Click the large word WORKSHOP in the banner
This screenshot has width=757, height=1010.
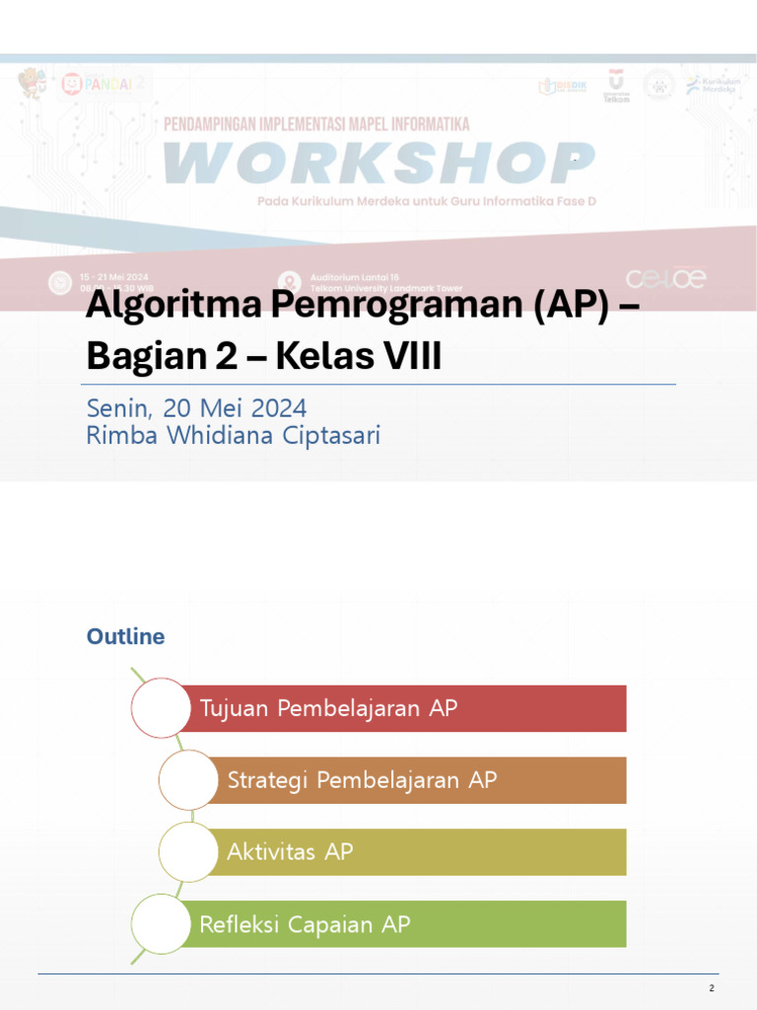(x=379, y=163)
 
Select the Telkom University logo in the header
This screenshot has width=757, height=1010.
(x=616, y=87)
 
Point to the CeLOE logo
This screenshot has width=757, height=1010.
(x=666, y=279)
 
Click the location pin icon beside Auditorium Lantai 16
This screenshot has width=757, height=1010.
(x=288, y=282)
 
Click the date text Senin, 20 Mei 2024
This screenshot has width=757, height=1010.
(x=196, y=407)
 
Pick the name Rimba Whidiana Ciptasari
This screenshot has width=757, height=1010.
(x=234, y=436)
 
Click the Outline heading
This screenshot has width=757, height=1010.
(x=125, y=637)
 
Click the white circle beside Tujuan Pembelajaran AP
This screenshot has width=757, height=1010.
(x=160, y=707)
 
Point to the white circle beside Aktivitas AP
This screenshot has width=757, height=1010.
(x=187, y=852)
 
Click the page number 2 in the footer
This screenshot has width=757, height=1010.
(x=711, y=988)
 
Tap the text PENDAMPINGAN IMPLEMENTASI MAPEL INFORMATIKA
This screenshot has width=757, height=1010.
(x=315, y=124)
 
